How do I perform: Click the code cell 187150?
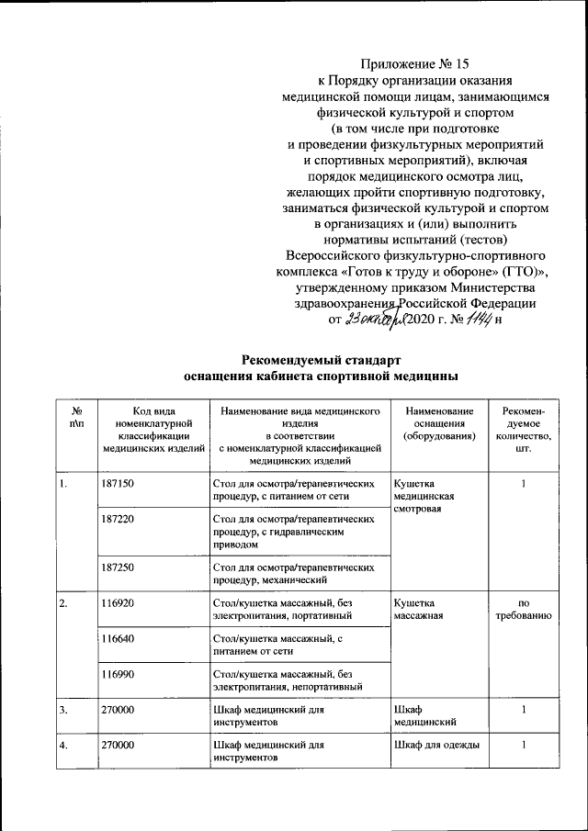tap(119, 483)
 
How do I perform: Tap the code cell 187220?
tap(119, 519)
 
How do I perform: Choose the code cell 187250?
tap(119, 567)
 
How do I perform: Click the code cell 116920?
tap(119, 603)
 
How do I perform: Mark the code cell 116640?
tap(119, 639)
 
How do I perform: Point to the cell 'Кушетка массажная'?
tap(419, 610)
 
